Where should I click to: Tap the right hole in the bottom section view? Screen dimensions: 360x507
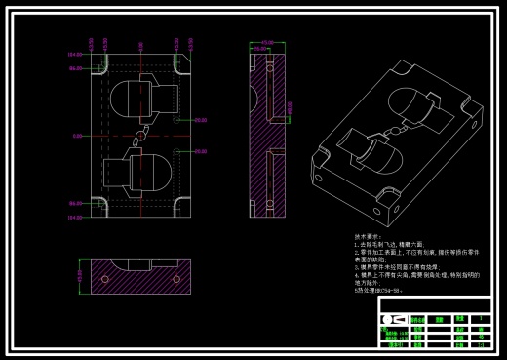[176, 279]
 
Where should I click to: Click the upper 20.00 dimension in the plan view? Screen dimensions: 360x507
[200, 120]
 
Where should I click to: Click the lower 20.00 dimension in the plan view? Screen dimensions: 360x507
[200, 151]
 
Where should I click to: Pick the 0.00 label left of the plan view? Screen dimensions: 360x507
[76, 136]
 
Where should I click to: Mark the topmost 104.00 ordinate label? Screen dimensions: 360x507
[74, 55]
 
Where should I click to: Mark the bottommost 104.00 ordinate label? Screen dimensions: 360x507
[74, 218]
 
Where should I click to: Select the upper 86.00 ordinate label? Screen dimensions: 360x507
[74, 68]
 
